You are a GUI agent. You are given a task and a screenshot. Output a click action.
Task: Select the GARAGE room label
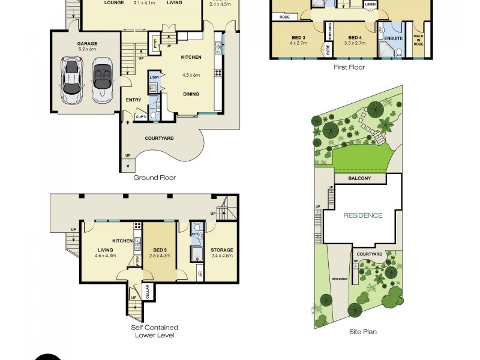(x=86, y=44)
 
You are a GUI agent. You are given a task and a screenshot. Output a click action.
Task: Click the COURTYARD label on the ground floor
(x=159, y=138)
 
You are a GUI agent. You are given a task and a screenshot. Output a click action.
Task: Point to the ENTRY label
(x=133, y=100)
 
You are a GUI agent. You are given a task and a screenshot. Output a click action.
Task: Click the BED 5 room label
(x=159, y=250)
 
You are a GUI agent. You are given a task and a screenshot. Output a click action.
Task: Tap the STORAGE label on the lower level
(x=221, y=250)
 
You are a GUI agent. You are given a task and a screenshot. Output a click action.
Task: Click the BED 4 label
(x=355, y=37)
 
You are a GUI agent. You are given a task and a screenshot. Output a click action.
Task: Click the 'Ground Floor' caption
(x=154, y=178)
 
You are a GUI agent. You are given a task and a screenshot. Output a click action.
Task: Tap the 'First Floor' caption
(x=349, y=67)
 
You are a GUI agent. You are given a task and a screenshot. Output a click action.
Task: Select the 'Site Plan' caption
(x=362, y=331)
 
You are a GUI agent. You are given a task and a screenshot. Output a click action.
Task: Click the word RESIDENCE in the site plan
(x=362, y=215)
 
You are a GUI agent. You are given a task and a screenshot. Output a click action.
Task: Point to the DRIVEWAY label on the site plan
(x=340, y=279)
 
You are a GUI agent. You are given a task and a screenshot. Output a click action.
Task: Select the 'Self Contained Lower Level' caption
(x=154, y=331)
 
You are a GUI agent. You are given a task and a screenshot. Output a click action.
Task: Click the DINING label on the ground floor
(x=191, y=94)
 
